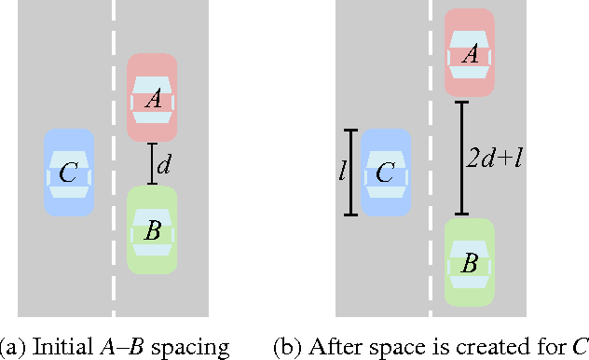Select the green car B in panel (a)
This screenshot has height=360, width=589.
pyautogui.click(x=152, y=229)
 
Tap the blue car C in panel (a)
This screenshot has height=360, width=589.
pyautogui.click(x=69, y=173)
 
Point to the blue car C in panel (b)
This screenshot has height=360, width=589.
pyautogui.click(x=384, y=173)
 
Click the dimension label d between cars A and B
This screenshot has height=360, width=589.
pyautogui.click(x=164, y=166)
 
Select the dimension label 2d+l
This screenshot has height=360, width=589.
pyautogui.click(x=493, y=157)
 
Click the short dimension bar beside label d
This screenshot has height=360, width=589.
pyautogui.click(x=151, y=164)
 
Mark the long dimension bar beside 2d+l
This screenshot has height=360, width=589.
pyautogui.click(x=460, y=157)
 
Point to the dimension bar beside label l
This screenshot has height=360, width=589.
pyautogui.click(x=350, y=173)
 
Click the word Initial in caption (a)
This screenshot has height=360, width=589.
pyautogui.click(x=62, y=347)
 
